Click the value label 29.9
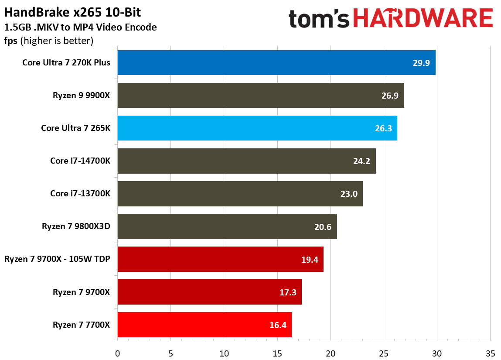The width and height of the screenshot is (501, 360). click(421, 63)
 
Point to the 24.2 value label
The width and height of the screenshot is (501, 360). click(361, 161)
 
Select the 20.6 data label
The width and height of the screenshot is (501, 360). click(323, 226)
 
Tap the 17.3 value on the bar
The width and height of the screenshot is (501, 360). click(288, 292)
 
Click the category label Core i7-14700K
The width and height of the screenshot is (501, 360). click(80, 161)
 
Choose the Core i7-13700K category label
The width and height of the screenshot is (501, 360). click(80, 194)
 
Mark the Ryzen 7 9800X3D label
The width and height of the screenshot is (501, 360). click(76, 226)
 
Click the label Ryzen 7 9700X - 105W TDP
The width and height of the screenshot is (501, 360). click(57, 259)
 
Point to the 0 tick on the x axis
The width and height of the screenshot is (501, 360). click(117, 353)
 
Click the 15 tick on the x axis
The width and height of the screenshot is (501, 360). click(277, 353)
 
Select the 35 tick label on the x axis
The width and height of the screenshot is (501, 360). click(490, 353)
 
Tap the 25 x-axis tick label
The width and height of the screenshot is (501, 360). click(384, 353)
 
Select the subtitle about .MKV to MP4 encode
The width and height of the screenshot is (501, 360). click(80, 27)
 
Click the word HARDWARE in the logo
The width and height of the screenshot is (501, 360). click(423, 19)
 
